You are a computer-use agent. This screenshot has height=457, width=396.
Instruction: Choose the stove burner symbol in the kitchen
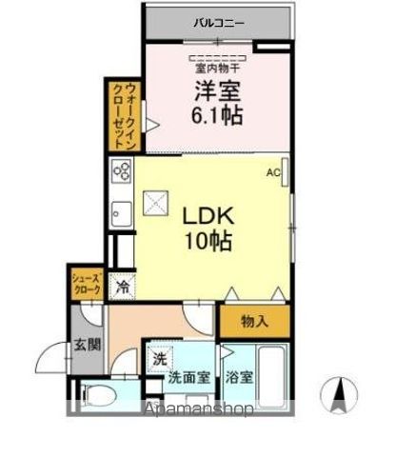coord(122,171)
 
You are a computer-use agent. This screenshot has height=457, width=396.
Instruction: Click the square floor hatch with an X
coord(154,203)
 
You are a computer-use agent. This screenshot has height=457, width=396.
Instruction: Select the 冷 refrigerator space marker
coord(123,284)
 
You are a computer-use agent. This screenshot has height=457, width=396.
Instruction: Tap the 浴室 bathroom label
coord(241,377)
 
